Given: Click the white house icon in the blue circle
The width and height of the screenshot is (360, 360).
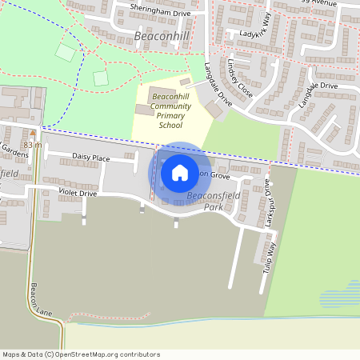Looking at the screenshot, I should (x=180, y=172).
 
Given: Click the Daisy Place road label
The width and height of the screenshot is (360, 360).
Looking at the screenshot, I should (x=90, y=158).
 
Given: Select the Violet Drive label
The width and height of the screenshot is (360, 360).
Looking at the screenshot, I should (x=78, y=194).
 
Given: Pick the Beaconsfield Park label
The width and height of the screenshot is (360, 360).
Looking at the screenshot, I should (x=204, y=201).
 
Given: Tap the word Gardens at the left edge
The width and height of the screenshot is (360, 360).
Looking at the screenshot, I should (x=14, y=149).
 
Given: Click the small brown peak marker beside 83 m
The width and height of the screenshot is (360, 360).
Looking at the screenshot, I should (x=33, y=132).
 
